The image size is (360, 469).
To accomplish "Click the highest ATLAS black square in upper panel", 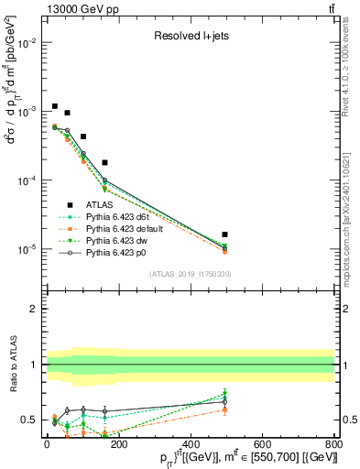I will click(55, 106).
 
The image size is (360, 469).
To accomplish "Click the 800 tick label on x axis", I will click(334, 444).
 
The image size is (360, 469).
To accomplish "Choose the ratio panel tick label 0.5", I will click(30, 420).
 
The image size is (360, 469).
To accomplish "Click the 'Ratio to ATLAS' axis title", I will click(10, 365).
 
